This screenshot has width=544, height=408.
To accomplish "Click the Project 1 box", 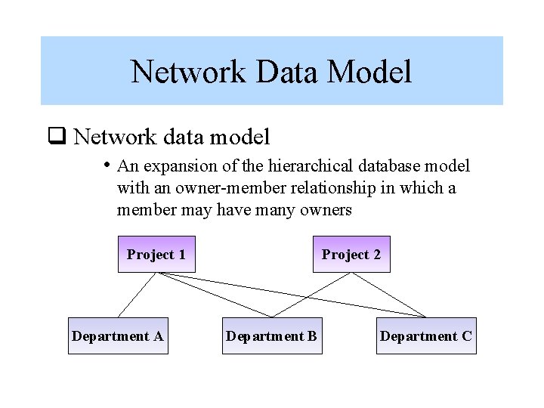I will (x=156, y=255).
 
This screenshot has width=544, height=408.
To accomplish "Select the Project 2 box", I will (x=351, y=255).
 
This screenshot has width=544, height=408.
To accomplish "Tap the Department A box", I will (x=117, y=336).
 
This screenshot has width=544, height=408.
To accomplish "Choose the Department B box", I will (x=272, y=336).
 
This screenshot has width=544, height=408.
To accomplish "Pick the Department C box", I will (x=426, y=336).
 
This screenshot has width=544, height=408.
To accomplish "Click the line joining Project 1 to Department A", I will (x=137, y=295).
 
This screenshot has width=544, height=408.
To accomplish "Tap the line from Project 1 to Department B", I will (x=212, y=294).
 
